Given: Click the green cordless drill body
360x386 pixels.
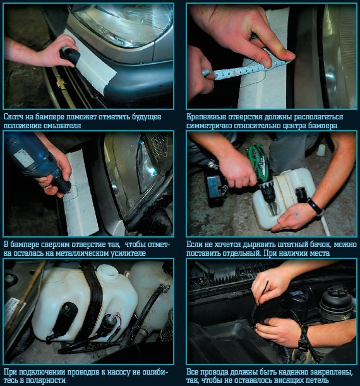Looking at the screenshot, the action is click(x=261, y=172).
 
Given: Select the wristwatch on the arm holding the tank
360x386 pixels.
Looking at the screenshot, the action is click(x=315, y=207).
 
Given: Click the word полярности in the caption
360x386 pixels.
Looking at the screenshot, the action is click(x=46, y=380).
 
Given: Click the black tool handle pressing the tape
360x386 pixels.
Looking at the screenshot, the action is click(x=70, y=57).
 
